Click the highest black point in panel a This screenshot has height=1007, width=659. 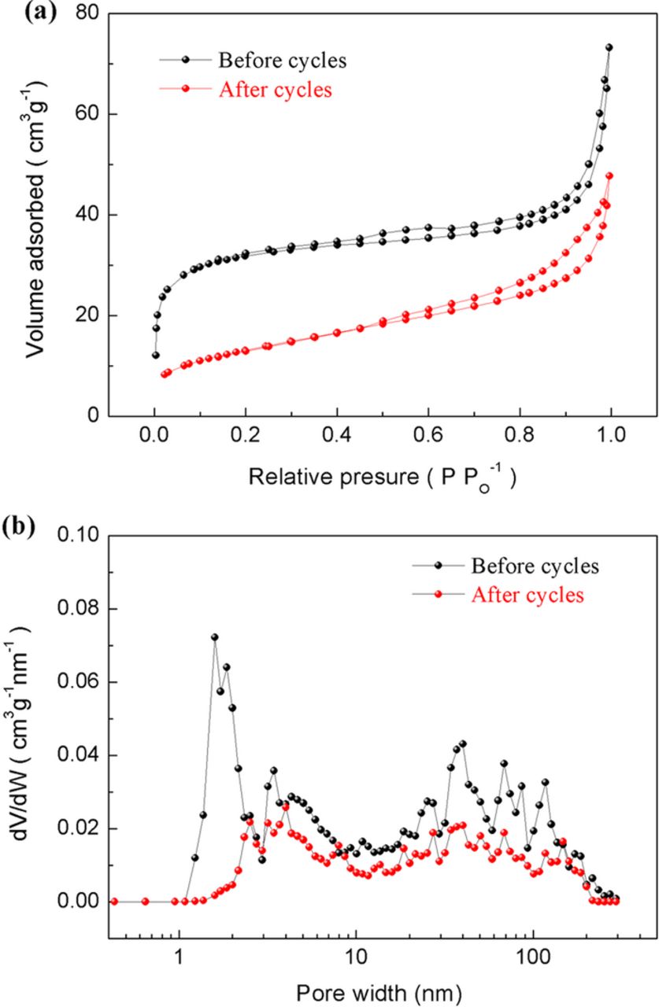pyautogui.click(x=609, y=47)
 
